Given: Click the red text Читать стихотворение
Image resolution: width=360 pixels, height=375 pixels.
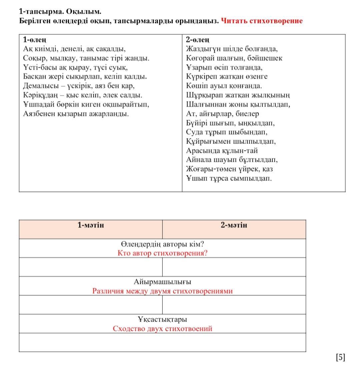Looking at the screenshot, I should pyautogui.click(x=262, y=21).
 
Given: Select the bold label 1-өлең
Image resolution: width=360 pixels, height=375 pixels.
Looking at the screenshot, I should pyautogui.click(x=35, y=39).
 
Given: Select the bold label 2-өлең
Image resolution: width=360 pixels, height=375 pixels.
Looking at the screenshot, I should pyautogui.click(x=198, y=39).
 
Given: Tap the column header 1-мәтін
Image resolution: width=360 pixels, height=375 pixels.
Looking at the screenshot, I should pyautogui.click(x=91, y=225).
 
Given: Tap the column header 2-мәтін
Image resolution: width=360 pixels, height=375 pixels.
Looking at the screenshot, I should pyautogui.click(x=234, y=225).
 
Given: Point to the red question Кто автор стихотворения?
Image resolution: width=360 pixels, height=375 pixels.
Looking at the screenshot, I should pyautogui.click(x=162, y=253).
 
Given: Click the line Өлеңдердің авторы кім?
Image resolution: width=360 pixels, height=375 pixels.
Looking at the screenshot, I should pyautogui.click(x=162, y=244).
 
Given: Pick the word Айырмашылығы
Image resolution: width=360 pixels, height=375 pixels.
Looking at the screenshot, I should pyautogui.click(x=162, y=282).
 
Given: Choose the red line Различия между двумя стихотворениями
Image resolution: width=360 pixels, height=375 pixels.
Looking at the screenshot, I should pyautogui.click(x=162, y=291).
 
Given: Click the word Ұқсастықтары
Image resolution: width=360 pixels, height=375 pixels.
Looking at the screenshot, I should pyautogui.click(x=162, y=319).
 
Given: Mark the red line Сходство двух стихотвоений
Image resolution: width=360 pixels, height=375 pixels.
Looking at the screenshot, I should pyautogui.click(x=162, y=329).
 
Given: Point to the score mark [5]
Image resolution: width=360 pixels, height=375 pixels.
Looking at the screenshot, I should pyautogui.click(x=340, y=357).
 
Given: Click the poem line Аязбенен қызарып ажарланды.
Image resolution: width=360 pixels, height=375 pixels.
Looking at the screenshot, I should pyautogui.click(x=76, y=114).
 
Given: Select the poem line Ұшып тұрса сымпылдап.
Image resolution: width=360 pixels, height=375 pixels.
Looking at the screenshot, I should pyautogui.click(x=229, y=178).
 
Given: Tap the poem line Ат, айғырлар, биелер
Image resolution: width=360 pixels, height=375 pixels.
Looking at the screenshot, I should pyautogui.click(x=222, y=114).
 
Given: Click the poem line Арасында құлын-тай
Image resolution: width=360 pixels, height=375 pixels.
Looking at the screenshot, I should pyautogui.click(x=222, y=150).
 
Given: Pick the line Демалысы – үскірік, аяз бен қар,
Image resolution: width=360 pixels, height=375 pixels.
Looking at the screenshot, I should pyautogui.click(x=79, y=86).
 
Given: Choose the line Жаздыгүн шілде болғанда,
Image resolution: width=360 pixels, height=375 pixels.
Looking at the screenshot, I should pyautogui.click(x=232, y=49).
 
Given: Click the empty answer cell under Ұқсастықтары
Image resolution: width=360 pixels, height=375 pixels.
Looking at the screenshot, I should pyautogui.click(x=162, y=342).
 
